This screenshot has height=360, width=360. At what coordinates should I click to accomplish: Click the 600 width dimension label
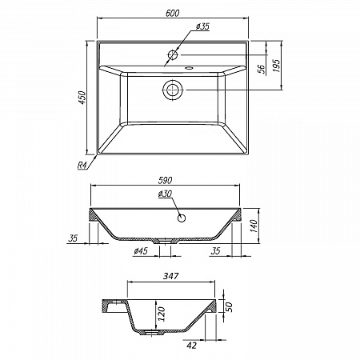172,13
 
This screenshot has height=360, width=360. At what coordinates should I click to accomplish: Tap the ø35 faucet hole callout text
202,26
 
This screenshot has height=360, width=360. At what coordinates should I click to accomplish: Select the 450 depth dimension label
82,98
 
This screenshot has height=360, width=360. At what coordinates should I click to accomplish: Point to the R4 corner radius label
82,166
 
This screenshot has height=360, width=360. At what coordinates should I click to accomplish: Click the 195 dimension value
277,66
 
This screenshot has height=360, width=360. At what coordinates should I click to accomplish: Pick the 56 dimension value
262,69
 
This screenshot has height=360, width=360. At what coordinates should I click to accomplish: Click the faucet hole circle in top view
173,54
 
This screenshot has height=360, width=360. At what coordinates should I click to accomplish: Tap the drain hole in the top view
173,90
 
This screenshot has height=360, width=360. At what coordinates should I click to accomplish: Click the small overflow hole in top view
189,68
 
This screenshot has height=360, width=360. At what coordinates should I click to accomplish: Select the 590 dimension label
165,180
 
